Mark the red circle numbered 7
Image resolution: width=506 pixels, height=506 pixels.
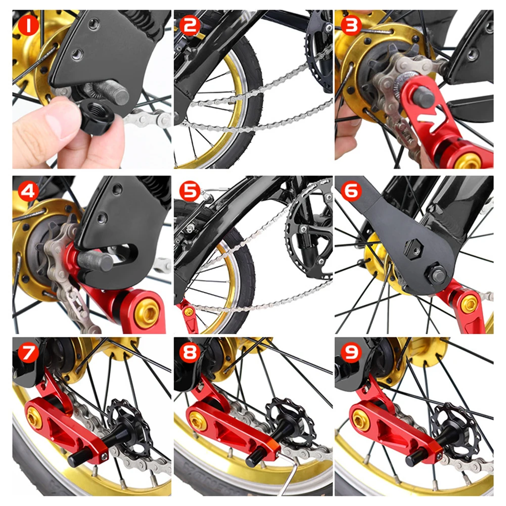pyautogui.click(x=28, y=351)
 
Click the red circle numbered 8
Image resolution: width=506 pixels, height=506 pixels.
pyautogui.click(x=190, y=351)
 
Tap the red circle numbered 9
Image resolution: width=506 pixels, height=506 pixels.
pyautogui.click(x=351, y=351)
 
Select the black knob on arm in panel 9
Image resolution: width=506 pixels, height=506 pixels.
pyautogui.click(x=416, y=457)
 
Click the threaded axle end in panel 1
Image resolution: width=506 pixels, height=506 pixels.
pyautogui.click(x=115, y=93)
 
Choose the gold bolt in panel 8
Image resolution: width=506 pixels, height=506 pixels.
pyautogui.click(x=197, y=420)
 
